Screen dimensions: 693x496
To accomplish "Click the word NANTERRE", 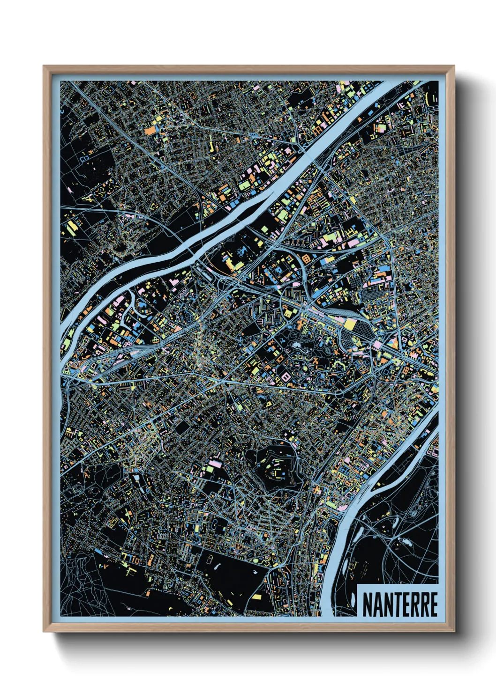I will pyautogui.click(x=400, y=605).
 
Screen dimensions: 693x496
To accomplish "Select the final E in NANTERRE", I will pyautogui.click(x=433, y=605).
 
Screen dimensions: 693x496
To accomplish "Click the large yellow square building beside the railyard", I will pyautogui.click(x=350, y=324).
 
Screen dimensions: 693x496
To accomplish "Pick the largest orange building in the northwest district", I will pyautogui.click(x=151, y=131).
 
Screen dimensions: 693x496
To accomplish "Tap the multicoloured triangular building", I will pyautogui.click(x=393, y=344).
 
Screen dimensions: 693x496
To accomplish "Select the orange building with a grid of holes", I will pyautogui.click(x=306, y=258).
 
